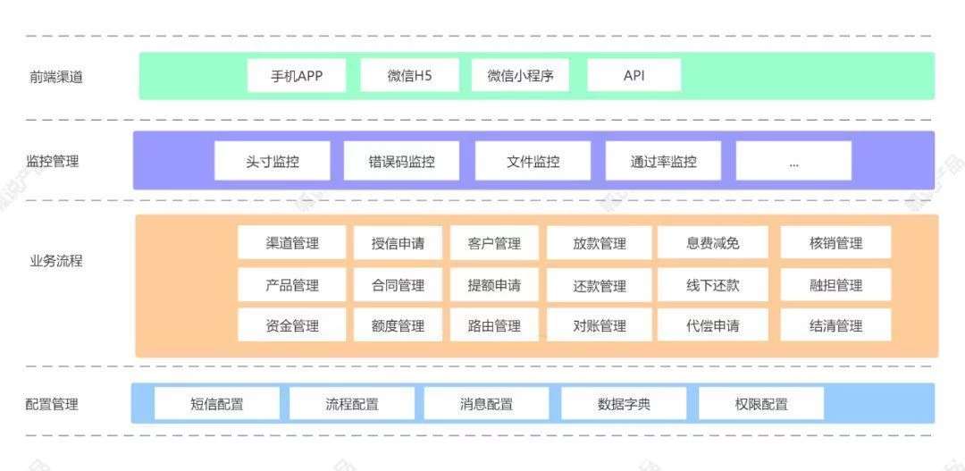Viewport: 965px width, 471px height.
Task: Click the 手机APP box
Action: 297,76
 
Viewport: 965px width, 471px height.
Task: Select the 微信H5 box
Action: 409,76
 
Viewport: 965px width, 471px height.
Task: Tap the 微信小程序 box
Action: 520,76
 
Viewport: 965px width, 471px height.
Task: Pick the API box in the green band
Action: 634,76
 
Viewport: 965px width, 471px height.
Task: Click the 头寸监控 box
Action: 272,162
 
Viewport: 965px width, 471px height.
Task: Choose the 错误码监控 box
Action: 401,162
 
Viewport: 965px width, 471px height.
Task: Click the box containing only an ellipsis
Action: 793,162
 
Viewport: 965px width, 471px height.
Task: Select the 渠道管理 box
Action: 292,243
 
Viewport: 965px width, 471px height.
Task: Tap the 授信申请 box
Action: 398,243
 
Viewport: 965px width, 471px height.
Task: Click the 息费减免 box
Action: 712,243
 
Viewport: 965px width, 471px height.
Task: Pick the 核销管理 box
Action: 835,243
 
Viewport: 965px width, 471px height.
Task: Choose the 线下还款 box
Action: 712,285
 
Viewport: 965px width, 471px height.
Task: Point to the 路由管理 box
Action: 494,325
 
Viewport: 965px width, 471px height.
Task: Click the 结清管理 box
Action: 835,325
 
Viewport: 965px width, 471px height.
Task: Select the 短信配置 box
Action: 216,404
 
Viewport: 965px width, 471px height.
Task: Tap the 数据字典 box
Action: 624,404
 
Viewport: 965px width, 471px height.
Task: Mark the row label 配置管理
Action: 52,404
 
